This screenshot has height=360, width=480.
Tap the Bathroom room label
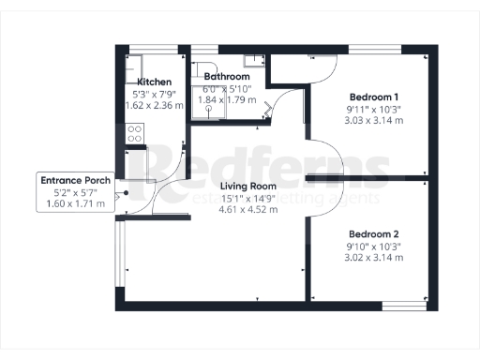coord(228,76)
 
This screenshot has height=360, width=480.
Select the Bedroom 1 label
coord(374,97)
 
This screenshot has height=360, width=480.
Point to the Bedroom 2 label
coord(374,233)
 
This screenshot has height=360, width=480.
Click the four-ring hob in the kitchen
coord(133,135)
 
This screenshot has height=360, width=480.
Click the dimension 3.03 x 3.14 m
coord(374,121)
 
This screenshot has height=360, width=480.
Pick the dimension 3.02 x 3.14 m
coord(374,257)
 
